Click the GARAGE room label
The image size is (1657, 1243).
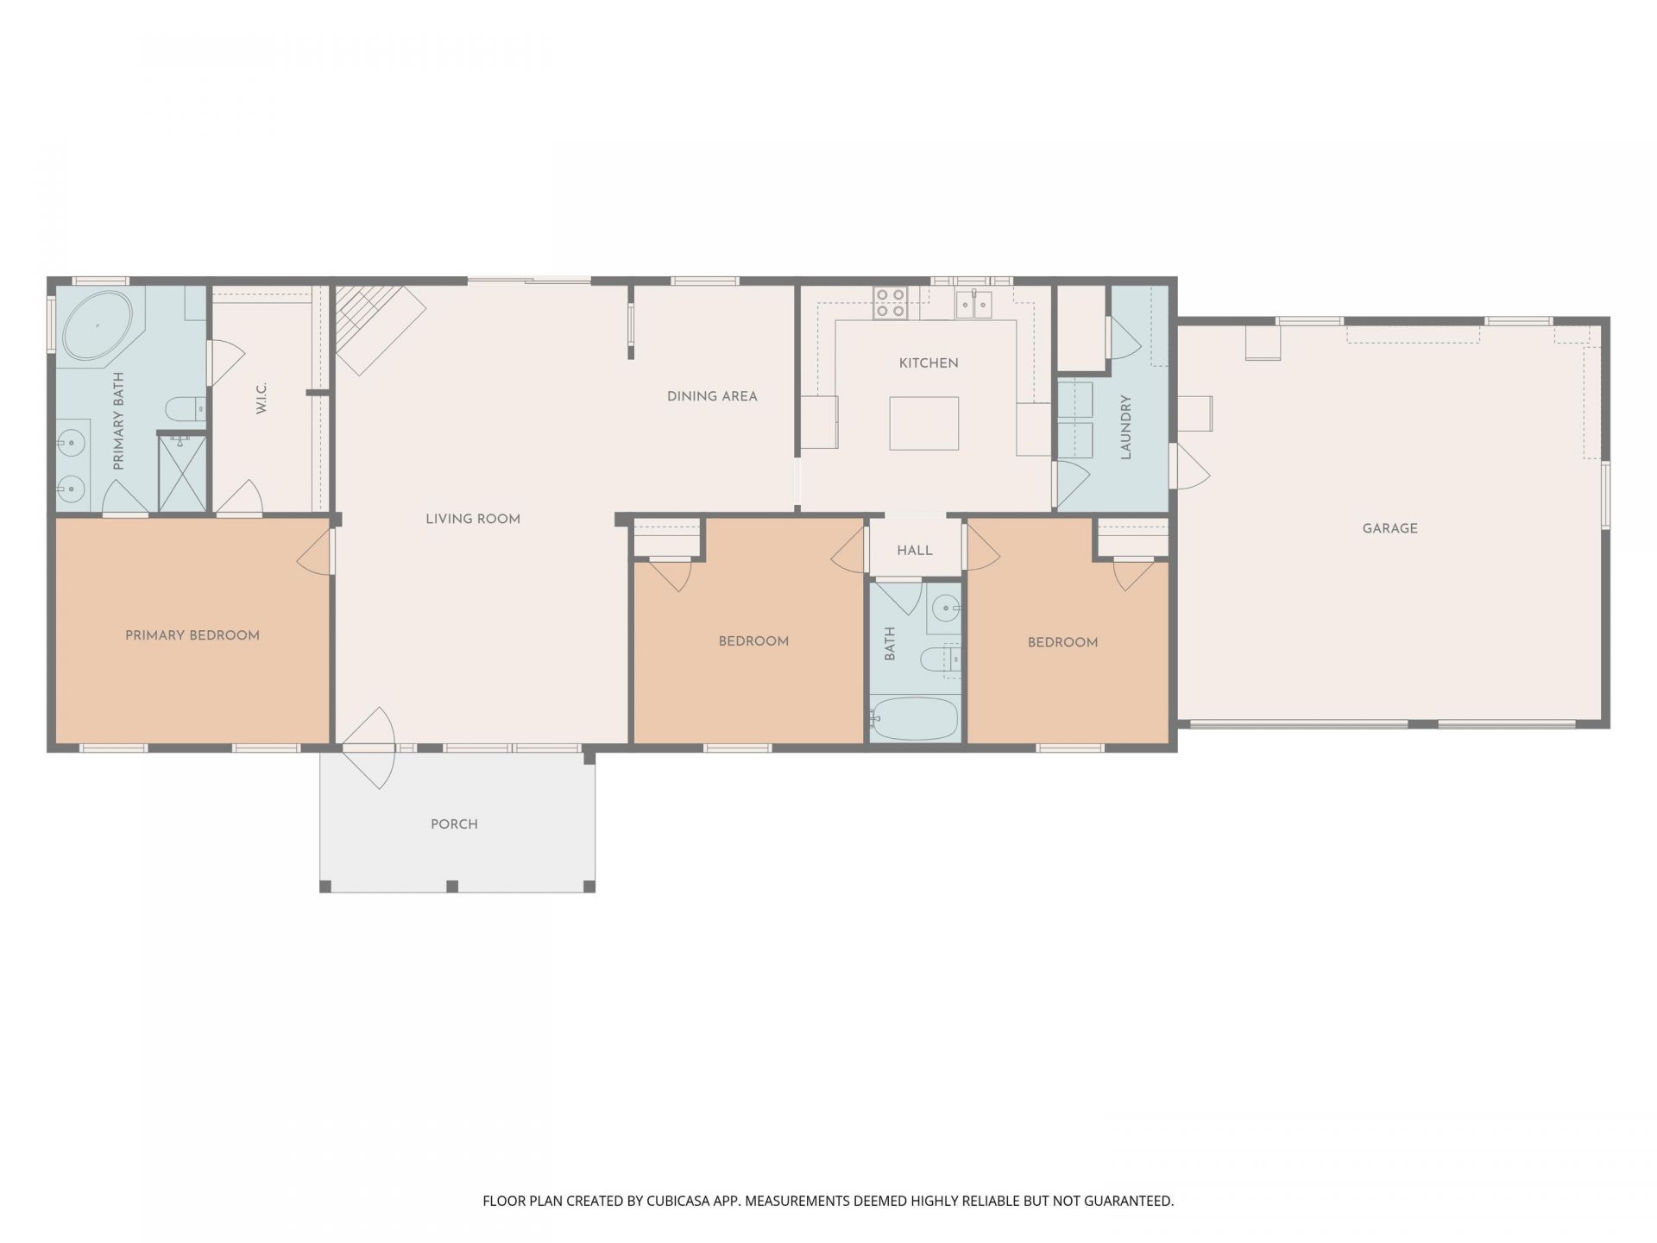coord(1389,528)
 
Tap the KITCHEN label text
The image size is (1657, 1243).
coord(929,363)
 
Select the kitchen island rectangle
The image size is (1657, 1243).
coord(924,423)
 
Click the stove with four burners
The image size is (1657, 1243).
coord(890,303)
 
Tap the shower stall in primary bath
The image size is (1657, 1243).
coord(182,473)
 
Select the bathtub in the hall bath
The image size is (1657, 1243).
coord(915,718)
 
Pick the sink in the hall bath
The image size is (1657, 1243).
coord(946,609)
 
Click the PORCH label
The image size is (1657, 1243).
coord(454,824)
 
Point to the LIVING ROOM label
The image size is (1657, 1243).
coord(473,520)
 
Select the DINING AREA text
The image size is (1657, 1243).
coord(712,397)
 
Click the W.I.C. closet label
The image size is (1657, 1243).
coord(261,398)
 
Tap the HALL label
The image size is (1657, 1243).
coord(915,551)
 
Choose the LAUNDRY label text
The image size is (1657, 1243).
coord(1125,427)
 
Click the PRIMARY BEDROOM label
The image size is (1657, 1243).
coord(192,636)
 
